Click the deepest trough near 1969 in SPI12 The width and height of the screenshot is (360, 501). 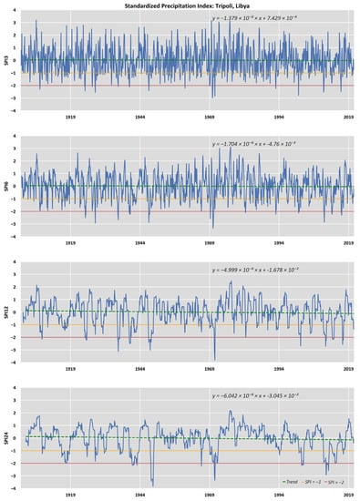[x=215, y=359]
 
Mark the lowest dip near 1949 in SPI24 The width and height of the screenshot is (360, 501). [x=152, y=484]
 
